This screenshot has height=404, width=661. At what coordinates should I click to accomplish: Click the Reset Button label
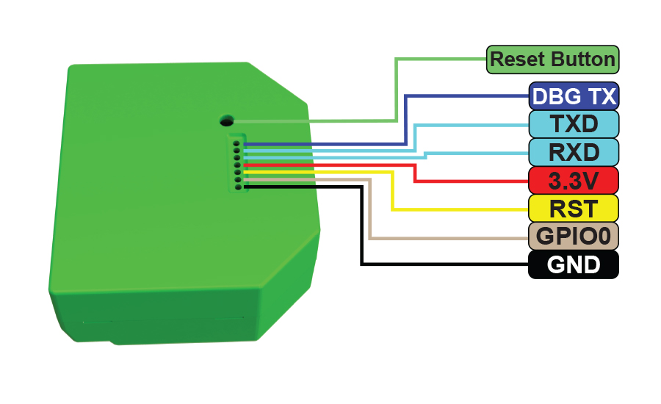552,59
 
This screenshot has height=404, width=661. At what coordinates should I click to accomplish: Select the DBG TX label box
574,95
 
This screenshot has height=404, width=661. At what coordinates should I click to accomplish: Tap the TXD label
574,123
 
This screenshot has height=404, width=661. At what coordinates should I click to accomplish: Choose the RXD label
574,151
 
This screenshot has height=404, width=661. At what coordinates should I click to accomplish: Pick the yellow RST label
574,208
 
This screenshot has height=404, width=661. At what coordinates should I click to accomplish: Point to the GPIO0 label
574,236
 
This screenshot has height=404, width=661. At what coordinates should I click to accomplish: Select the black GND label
574,264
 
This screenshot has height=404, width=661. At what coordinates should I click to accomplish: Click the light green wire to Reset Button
397,88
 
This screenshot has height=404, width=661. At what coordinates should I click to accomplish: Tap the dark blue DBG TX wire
405,118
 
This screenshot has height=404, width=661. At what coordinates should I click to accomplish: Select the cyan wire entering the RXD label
477,153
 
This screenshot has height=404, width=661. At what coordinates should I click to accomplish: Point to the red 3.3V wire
416,173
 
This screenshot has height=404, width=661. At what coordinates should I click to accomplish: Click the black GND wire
361,228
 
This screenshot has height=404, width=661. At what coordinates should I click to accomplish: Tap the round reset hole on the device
226,120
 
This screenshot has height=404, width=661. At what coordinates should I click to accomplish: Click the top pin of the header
236,143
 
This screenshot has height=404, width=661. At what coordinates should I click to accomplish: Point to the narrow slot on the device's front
162,321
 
